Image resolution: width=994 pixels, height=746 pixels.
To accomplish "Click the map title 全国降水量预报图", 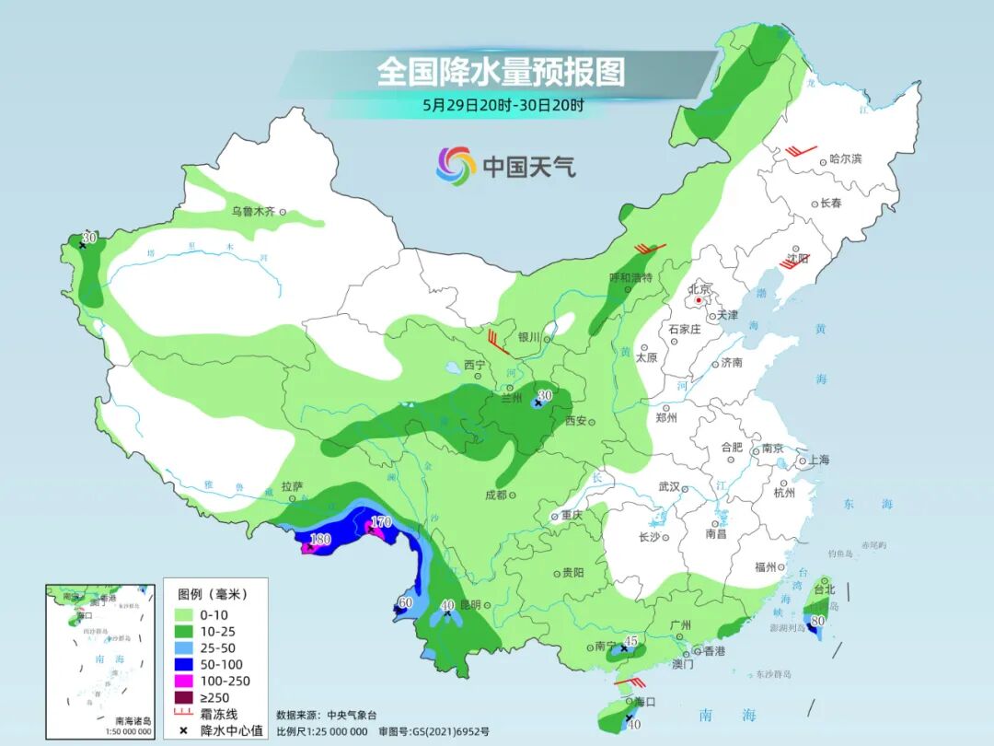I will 501,71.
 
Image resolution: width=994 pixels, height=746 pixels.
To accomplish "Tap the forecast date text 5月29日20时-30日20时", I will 503,105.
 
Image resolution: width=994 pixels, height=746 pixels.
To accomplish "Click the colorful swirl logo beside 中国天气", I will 456,166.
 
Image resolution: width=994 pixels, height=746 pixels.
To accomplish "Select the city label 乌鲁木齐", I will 253,211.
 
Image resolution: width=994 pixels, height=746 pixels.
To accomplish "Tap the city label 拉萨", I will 292,485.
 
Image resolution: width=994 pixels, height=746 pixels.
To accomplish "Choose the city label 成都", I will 495,495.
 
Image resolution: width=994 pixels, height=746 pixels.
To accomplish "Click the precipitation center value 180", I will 320,539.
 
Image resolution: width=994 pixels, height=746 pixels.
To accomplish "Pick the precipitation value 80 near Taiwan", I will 816,621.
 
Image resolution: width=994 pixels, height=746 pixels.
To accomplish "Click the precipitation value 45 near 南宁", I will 631,640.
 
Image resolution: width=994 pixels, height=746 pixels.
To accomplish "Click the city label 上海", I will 819,460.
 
